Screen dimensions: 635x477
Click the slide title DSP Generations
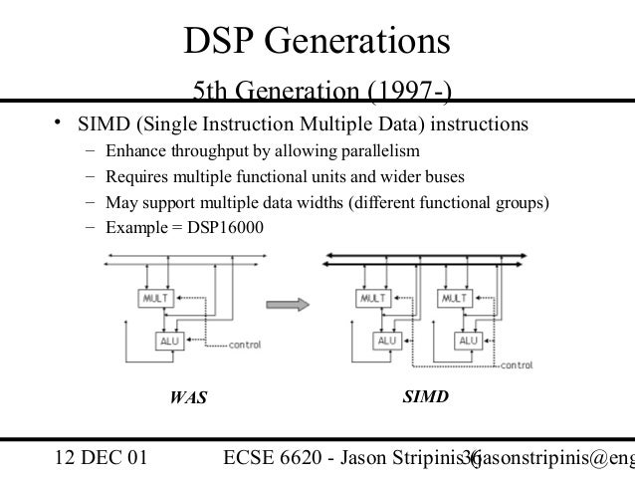[x=317, y=42]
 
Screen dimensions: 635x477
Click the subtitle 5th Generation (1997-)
[x=321, y=95]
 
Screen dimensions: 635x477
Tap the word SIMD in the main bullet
[x=91, y=126]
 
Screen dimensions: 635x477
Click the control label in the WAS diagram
[x=245, y=346]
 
